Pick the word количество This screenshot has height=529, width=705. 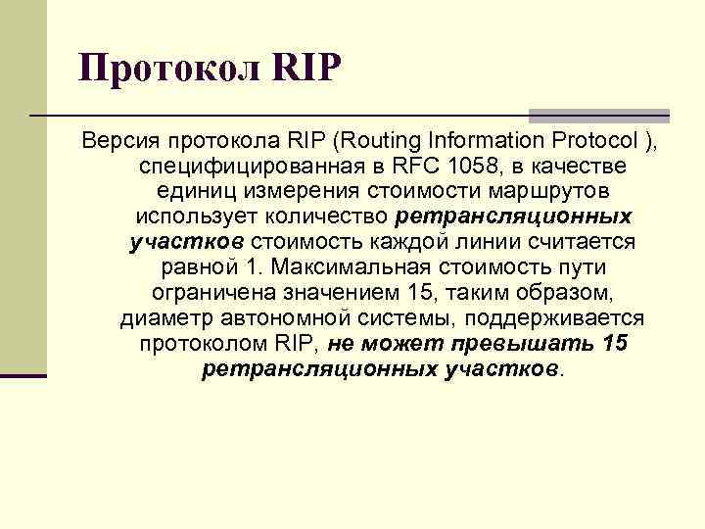click(x=336, y=216)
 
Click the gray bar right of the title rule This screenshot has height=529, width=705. click(x=599, y=115)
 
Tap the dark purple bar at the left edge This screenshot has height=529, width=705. click(x=23, y=375)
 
